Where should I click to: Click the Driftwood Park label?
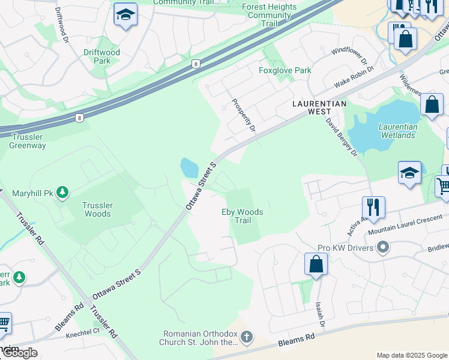(x=102, y=56)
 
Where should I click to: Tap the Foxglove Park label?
(x=285, y=70)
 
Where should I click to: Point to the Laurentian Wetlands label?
(x=397, y=131)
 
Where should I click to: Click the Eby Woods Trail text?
(x=243, y=216)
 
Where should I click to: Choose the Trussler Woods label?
(x=97, y=209)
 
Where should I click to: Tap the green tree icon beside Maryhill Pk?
(x=62, y=193)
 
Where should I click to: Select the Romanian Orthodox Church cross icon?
(x=247, y=338)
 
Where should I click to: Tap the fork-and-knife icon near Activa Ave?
(x=373, y=208)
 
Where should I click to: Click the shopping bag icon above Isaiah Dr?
(x=316, y=264)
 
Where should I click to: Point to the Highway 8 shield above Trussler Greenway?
(x=79, y=118)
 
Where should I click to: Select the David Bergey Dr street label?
(x=342, y=137)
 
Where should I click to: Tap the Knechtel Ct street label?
(x=83, y=331)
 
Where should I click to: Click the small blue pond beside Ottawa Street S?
(x=189, y=167)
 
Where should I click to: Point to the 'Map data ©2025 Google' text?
(x=411, y=355)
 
